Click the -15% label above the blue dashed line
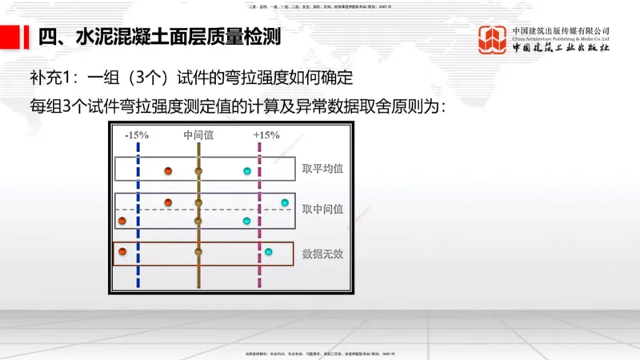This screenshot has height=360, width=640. (137, 135)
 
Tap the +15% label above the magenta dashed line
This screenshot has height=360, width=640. (266, 135)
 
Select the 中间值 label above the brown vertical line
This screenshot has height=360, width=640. (198, 135)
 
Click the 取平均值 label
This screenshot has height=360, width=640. (322, 169)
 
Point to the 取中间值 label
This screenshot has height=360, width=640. (322, 210)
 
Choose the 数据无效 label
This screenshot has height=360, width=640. (322, 254)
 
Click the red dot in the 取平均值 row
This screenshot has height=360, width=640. (168, 171)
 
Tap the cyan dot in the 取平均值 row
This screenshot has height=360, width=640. (247, 171)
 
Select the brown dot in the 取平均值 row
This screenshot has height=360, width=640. (198, 171)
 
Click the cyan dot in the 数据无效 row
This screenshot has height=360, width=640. (269, 252)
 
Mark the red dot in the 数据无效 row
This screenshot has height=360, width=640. (122, 252)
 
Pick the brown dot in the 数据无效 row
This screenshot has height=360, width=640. (198, 252)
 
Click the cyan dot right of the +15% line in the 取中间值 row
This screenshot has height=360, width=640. (285, 202)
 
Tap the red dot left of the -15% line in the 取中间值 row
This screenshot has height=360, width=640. (122, 220)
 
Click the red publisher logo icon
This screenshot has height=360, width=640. (493, 40)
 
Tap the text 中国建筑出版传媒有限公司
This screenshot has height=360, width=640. (560, 31)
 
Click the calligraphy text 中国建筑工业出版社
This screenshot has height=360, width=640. (560, 50)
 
